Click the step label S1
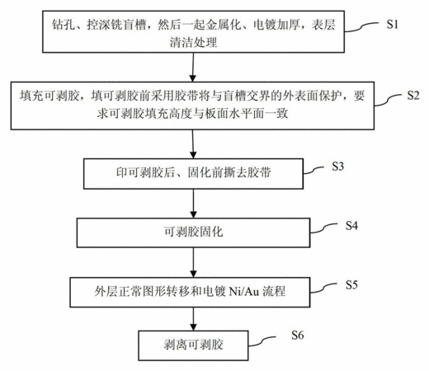click(393, 25)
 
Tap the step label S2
click(413, 96)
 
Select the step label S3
click(337, 167)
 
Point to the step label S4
click(351, 226)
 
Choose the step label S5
click(351, 284)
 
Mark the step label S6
click(298, 335)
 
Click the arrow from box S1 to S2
click(193, 67)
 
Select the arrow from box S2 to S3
click(193, 144)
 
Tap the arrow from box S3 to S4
click(193, 204)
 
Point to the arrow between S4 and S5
click(193, 262)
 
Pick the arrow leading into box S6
click(193, 319)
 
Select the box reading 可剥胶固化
click(193, 232)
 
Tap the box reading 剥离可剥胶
click(193, 345)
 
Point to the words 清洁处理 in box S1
click(193, 42)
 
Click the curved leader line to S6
click(262, 341)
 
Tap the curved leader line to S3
click(313, 170)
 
